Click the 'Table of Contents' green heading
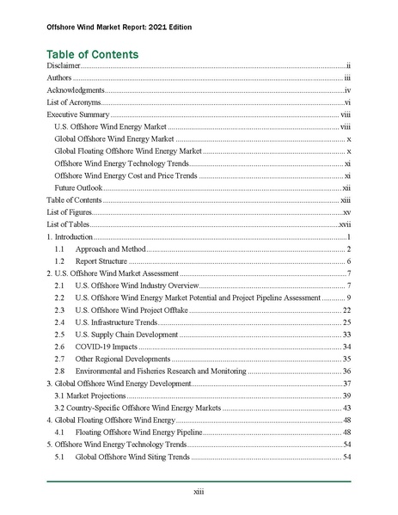coord(92,53)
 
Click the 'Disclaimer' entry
coord(63,66)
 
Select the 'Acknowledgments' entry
coord(76,90)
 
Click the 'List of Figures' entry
coord(67,212)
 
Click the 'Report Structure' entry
coord(101,261)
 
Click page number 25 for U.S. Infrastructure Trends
coord(346,322)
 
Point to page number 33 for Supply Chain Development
coord(346,334)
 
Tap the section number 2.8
coord(59,371)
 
